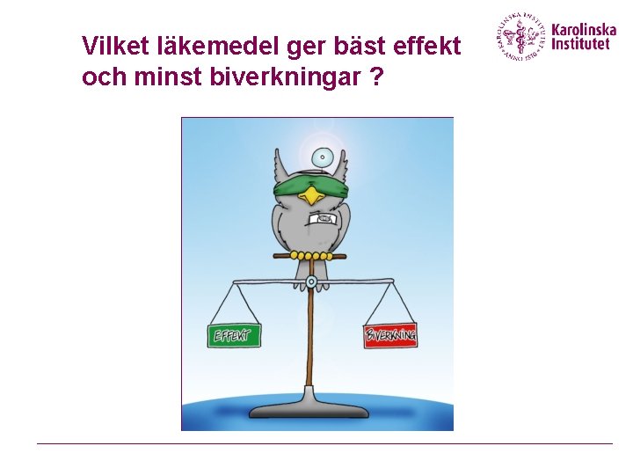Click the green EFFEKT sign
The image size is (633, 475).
coord(234,335)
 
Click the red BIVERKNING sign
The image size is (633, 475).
coord(390,335)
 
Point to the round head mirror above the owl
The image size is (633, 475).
coord(324,158)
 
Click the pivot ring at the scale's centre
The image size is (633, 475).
coord(311,282)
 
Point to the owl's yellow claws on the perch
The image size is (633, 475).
coord(309,256)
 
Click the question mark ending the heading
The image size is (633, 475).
coord(376,77)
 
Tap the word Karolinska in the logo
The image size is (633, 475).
coord(583,29)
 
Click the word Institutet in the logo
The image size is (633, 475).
coord(579,43)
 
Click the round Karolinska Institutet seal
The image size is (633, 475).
coord(522,36)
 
